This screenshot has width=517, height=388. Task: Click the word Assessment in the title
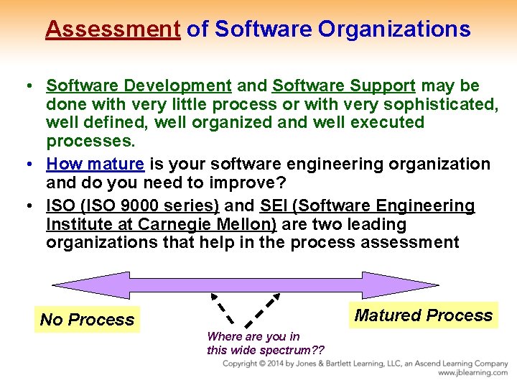(x=113, y=29)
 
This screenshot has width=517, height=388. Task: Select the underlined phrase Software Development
(x=139, y=86)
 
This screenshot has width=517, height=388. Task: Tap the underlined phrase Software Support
(x=344, y=86)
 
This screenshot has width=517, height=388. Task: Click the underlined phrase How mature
(x=95, y=164)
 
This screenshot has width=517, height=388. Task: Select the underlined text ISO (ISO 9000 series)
(x=132, y=206)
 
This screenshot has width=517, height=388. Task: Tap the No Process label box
(x=87, y=320)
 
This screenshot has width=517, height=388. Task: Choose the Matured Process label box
(x=424, y=315)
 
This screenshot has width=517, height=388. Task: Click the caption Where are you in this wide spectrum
(x=265, y=343)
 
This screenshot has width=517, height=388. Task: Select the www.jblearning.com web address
(x=472, y=373)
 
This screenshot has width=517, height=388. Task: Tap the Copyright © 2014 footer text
(x=287, y=364)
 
